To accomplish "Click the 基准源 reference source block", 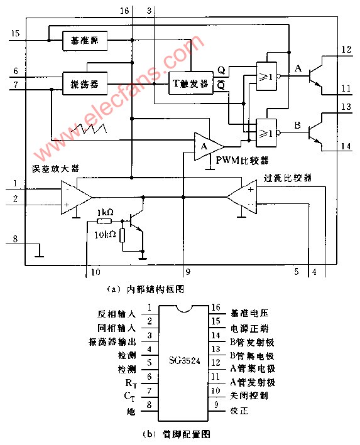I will pos(85,42).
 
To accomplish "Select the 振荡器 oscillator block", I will pos(85,82).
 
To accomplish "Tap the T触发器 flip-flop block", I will pos(190,82).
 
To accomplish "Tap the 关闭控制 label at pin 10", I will pos(249,397).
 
